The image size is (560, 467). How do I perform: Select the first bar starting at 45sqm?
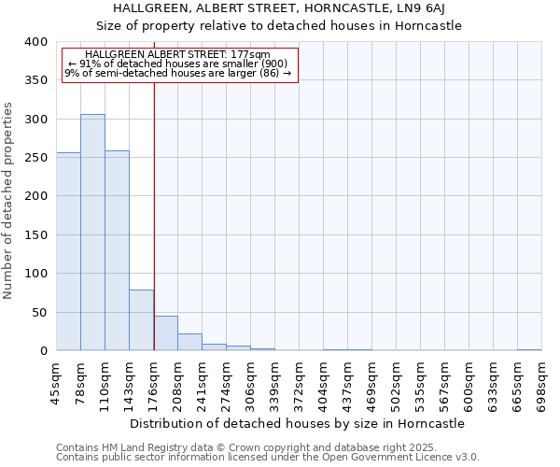[68, 251]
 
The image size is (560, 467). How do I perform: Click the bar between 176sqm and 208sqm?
[165, 333]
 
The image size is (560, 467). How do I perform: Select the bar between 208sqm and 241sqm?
[189, 342]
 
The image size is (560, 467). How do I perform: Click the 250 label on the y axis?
[35, 158]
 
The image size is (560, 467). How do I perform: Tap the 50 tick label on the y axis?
[38, 312]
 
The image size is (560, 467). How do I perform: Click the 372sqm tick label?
[300, 384]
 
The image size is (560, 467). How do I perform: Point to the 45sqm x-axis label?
[57, 384]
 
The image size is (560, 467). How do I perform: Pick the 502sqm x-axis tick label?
[397, 384]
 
